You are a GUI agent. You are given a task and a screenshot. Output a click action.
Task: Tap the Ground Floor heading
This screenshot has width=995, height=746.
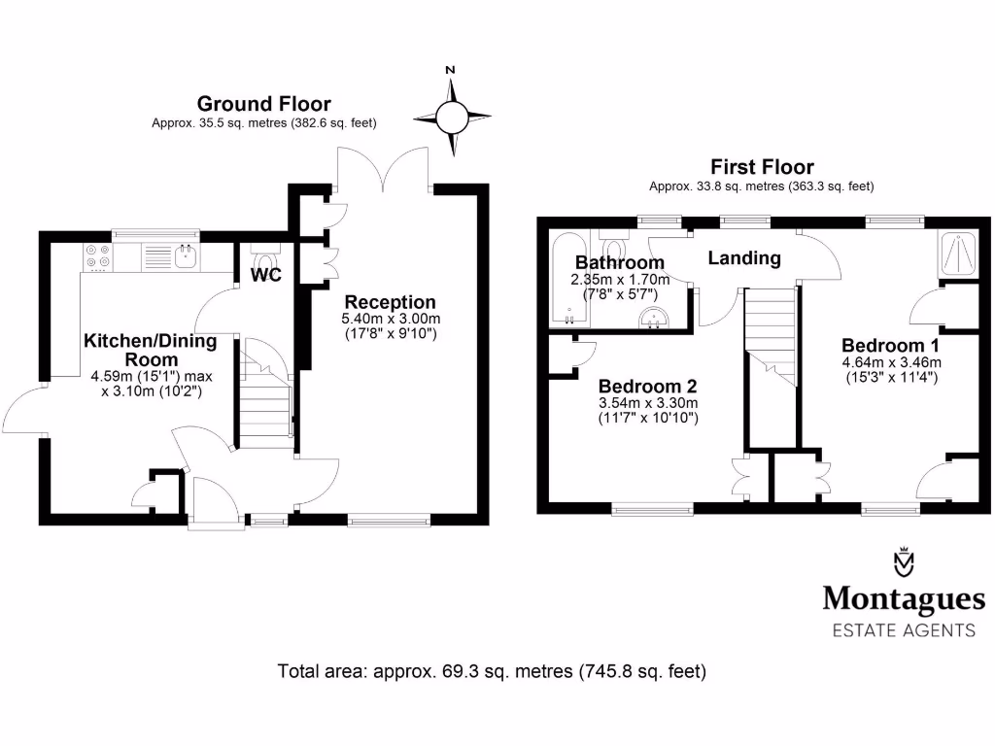pos(263,104)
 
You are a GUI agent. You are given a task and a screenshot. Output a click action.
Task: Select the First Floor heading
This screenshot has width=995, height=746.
pos(762,167)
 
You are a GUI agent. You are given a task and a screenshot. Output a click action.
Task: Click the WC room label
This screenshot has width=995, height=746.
pos(266,275)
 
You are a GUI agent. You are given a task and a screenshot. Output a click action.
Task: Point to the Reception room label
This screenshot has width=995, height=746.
pos(390,302)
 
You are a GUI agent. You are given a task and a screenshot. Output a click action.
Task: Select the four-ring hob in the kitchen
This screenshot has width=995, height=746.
pos(97,255)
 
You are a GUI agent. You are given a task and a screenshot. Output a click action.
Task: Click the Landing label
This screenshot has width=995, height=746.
pos(743,258)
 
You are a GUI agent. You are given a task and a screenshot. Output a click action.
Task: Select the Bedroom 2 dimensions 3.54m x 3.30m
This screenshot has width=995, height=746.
pos(648,403)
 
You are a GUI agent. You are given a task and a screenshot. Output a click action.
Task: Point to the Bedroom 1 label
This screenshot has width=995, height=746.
pos(890,346)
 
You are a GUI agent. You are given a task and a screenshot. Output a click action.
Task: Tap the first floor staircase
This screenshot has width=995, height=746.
pos(771,335)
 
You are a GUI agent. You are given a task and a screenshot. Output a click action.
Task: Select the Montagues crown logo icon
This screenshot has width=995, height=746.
pos(905,563)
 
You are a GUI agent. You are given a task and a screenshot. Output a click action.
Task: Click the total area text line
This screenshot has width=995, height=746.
pos(492,670)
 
